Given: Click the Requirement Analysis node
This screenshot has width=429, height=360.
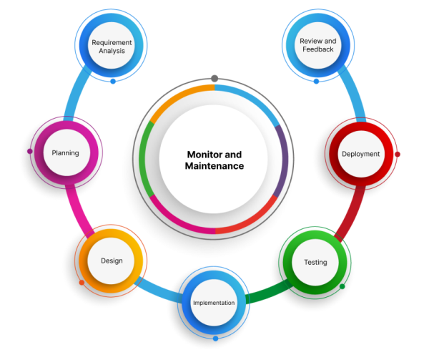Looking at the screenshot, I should (x=112, y=47).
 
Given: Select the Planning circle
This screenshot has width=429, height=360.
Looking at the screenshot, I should (x=65, y=152).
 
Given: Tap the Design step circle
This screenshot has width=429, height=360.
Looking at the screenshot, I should (x=112, y=261).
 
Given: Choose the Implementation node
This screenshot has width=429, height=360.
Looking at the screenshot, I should (x=214, y=303).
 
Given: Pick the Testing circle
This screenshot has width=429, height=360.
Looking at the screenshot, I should (x=315, y=262).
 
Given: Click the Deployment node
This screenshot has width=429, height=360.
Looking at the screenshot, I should (x=360, y=154).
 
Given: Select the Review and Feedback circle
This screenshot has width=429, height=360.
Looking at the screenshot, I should (x=317, y=46).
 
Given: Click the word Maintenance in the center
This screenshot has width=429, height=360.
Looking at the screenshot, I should (x=214, y=166).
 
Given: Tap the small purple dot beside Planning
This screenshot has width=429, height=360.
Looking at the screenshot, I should (x=29, y=152).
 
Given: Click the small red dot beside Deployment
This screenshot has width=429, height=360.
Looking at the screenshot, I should (x=398, y=154).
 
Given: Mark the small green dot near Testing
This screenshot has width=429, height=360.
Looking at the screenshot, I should (x=342, y=287).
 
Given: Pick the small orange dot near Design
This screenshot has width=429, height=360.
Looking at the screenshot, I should (x=82, y=283).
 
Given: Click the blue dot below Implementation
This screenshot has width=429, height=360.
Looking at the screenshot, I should (x=215, y=338).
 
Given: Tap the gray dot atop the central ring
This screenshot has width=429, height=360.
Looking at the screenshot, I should (x=214, y=78).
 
